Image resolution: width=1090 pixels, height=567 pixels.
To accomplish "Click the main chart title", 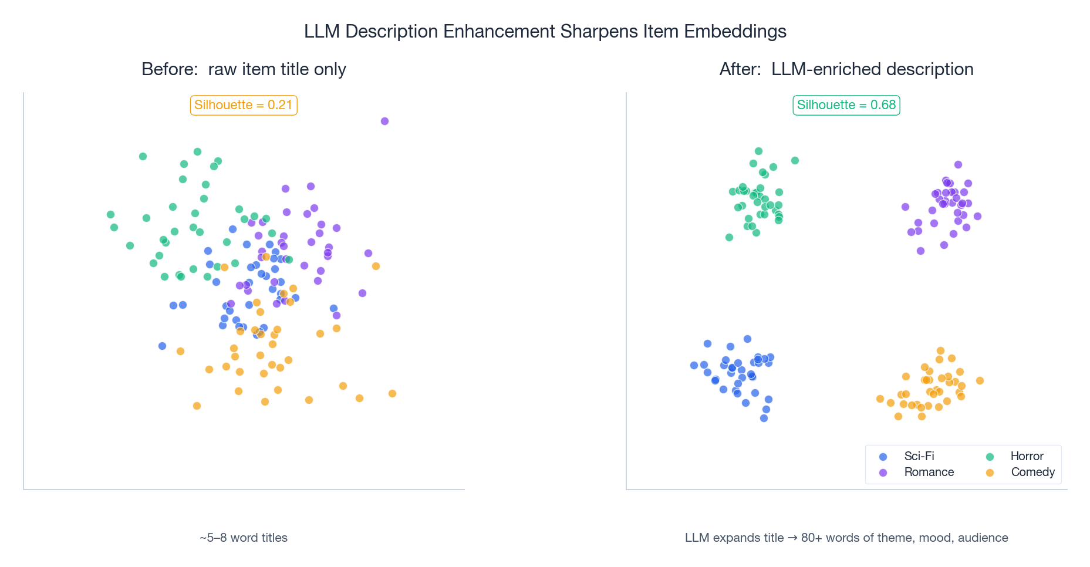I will coord(545,31).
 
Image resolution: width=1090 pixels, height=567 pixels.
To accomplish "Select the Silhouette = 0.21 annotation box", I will coord(243,105).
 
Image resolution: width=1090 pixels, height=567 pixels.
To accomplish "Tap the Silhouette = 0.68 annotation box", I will coord(846,105).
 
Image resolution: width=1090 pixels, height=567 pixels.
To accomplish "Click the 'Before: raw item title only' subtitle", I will coord(244,69).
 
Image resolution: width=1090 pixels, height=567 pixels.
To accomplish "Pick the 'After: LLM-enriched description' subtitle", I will coord(846,69).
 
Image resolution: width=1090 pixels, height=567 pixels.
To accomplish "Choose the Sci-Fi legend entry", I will coord(919,456).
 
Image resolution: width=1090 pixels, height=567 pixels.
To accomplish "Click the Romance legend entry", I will coord(928,472).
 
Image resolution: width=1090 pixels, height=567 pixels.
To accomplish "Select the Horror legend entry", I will coord(1026,456).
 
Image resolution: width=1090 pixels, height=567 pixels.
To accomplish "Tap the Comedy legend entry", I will coord(1032,472).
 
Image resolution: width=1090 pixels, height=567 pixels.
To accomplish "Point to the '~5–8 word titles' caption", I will coord(244,538).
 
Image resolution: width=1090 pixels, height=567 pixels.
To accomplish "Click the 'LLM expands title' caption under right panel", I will coord(846,538).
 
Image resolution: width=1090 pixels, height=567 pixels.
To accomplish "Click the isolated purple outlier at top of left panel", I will coord(384,121).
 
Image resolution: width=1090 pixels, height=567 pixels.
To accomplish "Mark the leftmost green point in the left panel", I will coord(110,214).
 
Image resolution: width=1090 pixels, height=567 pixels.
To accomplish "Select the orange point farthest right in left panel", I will coord(392,393).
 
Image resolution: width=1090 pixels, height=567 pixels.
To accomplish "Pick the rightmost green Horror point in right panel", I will coord(795,160).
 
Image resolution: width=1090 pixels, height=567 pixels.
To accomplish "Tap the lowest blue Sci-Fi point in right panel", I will coord(764,418).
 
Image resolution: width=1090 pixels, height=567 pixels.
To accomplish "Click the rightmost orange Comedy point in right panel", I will coord(980,380).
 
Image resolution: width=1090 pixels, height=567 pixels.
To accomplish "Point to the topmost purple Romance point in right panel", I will coord(958,164).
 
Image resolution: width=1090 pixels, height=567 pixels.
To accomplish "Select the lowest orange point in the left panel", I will coord(197,406).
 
